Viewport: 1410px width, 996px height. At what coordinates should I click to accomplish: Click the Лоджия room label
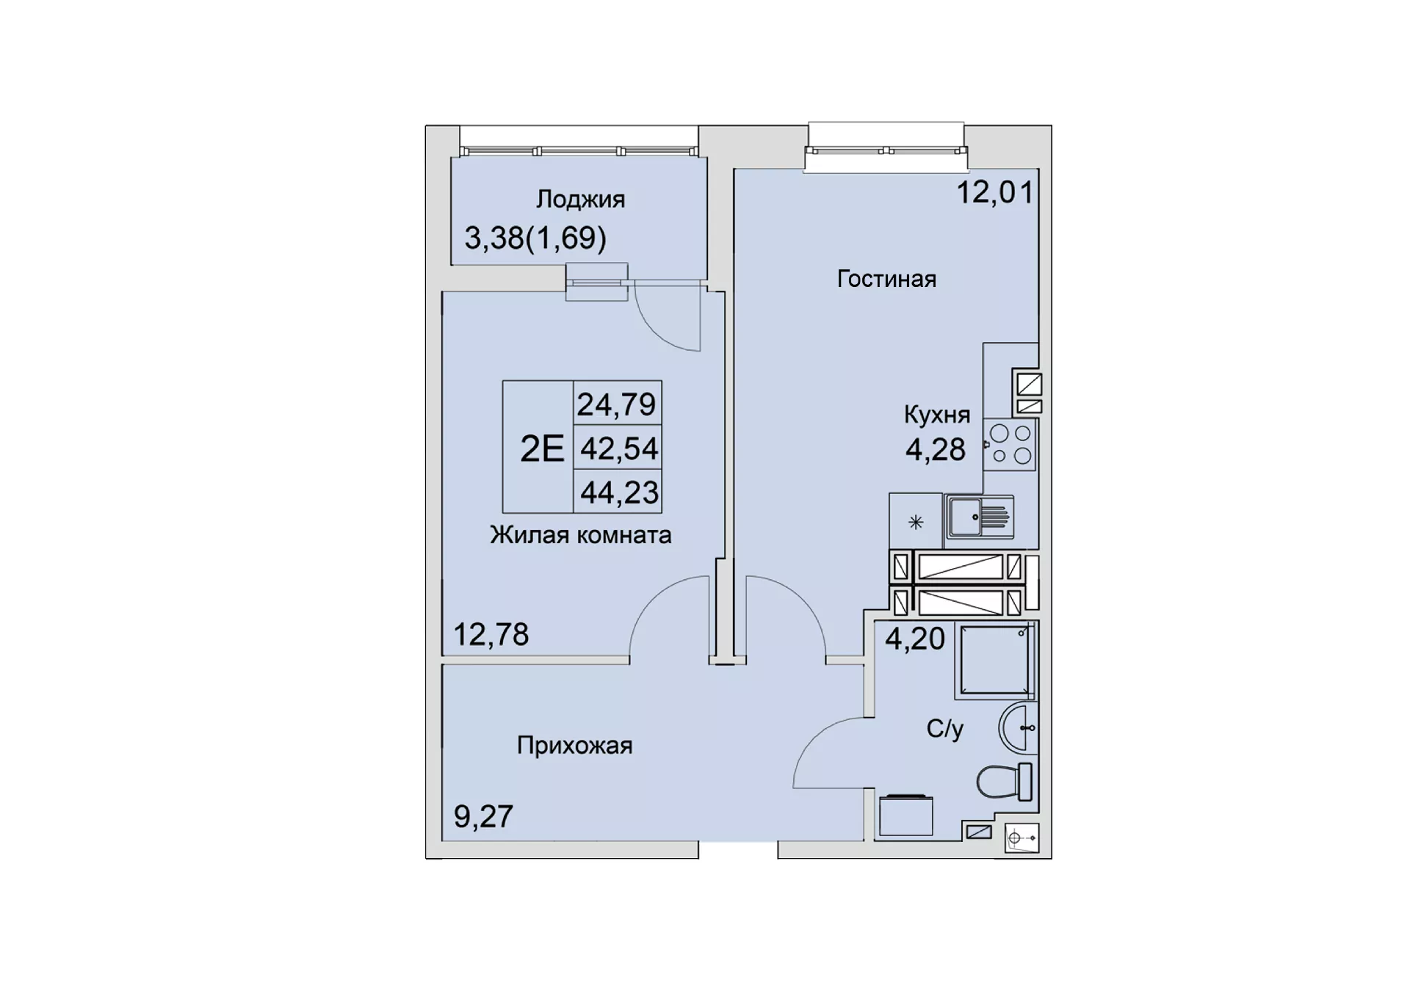click(580, 200)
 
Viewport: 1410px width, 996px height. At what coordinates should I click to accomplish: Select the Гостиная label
click(886, 279)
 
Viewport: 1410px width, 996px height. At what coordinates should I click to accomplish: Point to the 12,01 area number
click(995, 192)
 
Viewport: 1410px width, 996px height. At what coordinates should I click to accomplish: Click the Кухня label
click(937, 415)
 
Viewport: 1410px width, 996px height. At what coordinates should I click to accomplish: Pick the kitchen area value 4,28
click(935, 449)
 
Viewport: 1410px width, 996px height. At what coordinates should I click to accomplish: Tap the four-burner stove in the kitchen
click(1010, 445)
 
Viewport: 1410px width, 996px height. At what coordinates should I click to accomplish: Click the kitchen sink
click(980, 515)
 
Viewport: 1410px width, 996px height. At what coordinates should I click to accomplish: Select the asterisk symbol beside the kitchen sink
click(915, 523)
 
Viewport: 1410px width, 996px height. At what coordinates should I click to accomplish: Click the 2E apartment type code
click(542, 448)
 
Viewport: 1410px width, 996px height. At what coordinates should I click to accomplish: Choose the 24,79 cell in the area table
click(616, 404)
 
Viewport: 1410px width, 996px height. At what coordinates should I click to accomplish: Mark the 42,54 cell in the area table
click(618, 448)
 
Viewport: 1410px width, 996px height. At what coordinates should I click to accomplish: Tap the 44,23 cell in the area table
click(618, 492)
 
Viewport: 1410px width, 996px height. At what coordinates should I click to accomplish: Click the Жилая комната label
click(580, 535)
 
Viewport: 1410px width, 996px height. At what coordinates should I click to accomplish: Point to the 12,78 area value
click(491, 634)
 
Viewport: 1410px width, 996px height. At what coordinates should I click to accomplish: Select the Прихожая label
click(574, 746)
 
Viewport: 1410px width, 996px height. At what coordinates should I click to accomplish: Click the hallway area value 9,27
click(483, 816)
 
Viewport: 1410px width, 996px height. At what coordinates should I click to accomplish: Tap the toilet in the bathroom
click(1004, 782)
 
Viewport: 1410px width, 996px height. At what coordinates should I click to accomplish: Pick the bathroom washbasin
click(1018, 728)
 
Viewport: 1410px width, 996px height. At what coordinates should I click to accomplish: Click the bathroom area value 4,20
click(914, 639)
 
